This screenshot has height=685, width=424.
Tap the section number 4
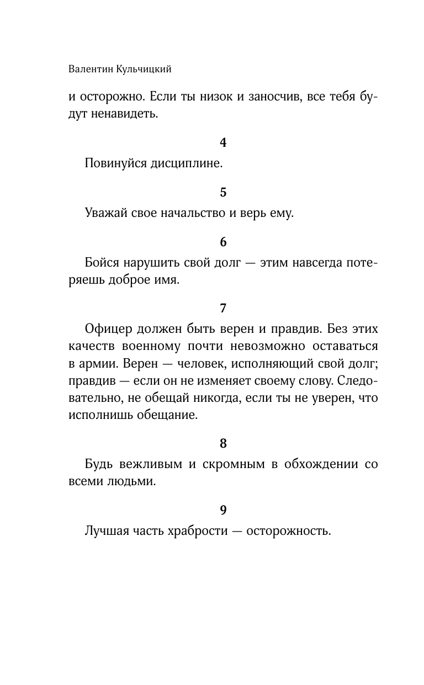tap(223, 143)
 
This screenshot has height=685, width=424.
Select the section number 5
tap(223, 193)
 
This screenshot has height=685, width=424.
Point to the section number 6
tap(223, 242)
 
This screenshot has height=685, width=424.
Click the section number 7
tap(223, 308)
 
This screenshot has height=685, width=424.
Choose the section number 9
tap(223, 511)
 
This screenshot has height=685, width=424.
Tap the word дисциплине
tap(188, 164)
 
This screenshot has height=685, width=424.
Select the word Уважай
tap(105, 214)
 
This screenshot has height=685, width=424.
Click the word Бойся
tap(101, 263)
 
